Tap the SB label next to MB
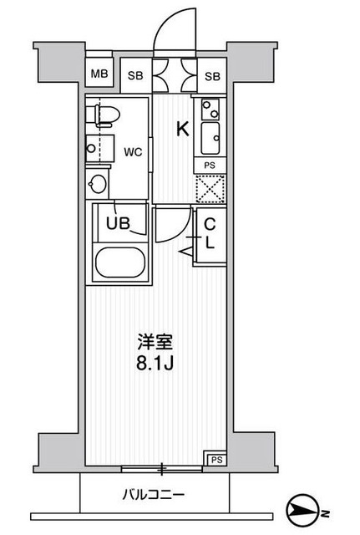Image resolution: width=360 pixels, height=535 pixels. click(134, 77)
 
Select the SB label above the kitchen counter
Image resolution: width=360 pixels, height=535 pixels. click(212, 77)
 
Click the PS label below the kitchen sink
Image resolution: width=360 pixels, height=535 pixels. click(210, 166)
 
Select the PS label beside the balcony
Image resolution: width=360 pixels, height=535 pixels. click(216, 459)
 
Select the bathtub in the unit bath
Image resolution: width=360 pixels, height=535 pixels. click(119, 263)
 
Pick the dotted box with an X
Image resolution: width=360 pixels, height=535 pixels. click(209, 189)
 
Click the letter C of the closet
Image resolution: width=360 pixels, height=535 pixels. click(210, 224)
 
